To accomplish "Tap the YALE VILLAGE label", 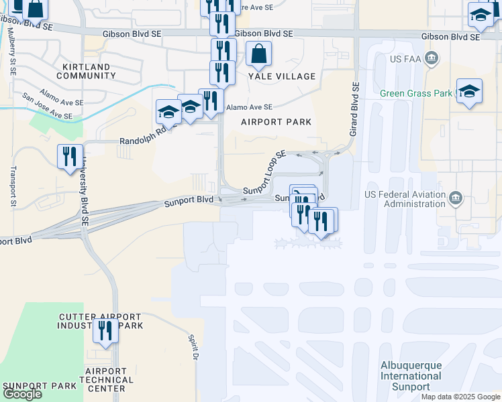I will [x=282, y=76].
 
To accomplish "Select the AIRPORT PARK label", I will [x=277, y=122].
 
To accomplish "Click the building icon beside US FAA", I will [x=432, y=58].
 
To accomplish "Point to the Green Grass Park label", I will [x=416, y=93].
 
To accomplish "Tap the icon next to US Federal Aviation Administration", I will [x=456, y=198].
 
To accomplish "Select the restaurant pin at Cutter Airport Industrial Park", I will [x=105, y=331].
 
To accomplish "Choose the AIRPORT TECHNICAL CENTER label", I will [x=105, y=379].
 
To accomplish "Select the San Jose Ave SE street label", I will [x=47, y=106].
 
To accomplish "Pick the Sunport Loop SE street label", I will [x=264, y=174].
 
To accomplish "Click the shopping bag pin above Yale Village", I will [x=258, y=54].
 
